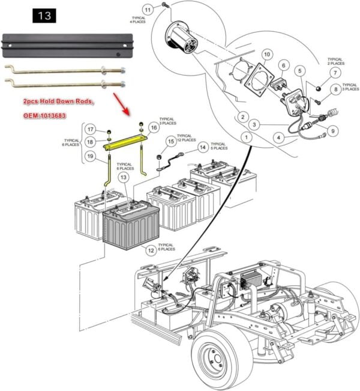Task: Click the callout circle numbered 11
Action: [148, 10]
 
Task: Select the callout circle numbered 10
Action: [268, 55]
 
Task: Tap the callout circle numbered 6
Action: [285, 66]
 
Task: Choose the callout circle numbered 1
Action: [245, 138]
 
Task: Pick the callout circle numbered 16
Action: [154, 127]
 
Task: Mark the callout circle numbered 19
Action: [89, 157]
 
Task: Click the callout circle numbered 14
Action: [204, 146]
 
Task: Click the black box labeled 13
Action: [44, 15]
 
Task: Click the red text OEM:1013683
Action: [53, 114]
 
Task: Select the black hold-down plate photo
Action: [66, 44]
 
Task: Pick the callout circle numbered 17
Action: [89, 129]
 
